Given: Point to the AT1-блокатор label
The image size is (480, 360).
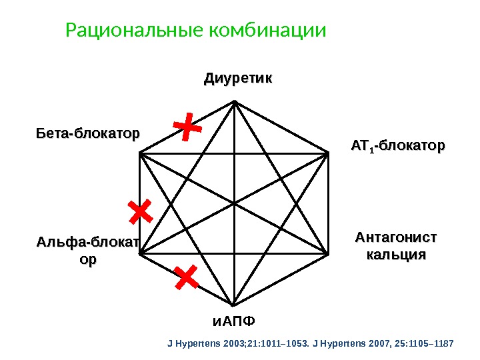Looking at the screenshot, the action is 397,145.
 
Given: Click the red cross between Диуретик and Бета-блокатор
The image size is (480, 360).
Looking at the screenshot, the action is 187,127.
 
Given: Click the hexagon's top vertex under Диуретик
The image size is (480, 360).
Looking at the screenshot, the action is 235,101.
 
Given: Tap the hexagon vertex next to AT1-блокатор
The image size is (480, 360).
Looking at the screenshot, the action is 329,153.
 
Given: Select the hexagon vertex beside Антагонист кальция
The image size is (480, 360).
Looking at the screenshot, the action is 329,253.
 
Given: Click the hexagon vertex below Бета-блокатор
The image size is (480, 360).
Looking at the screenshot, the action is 141,153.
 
